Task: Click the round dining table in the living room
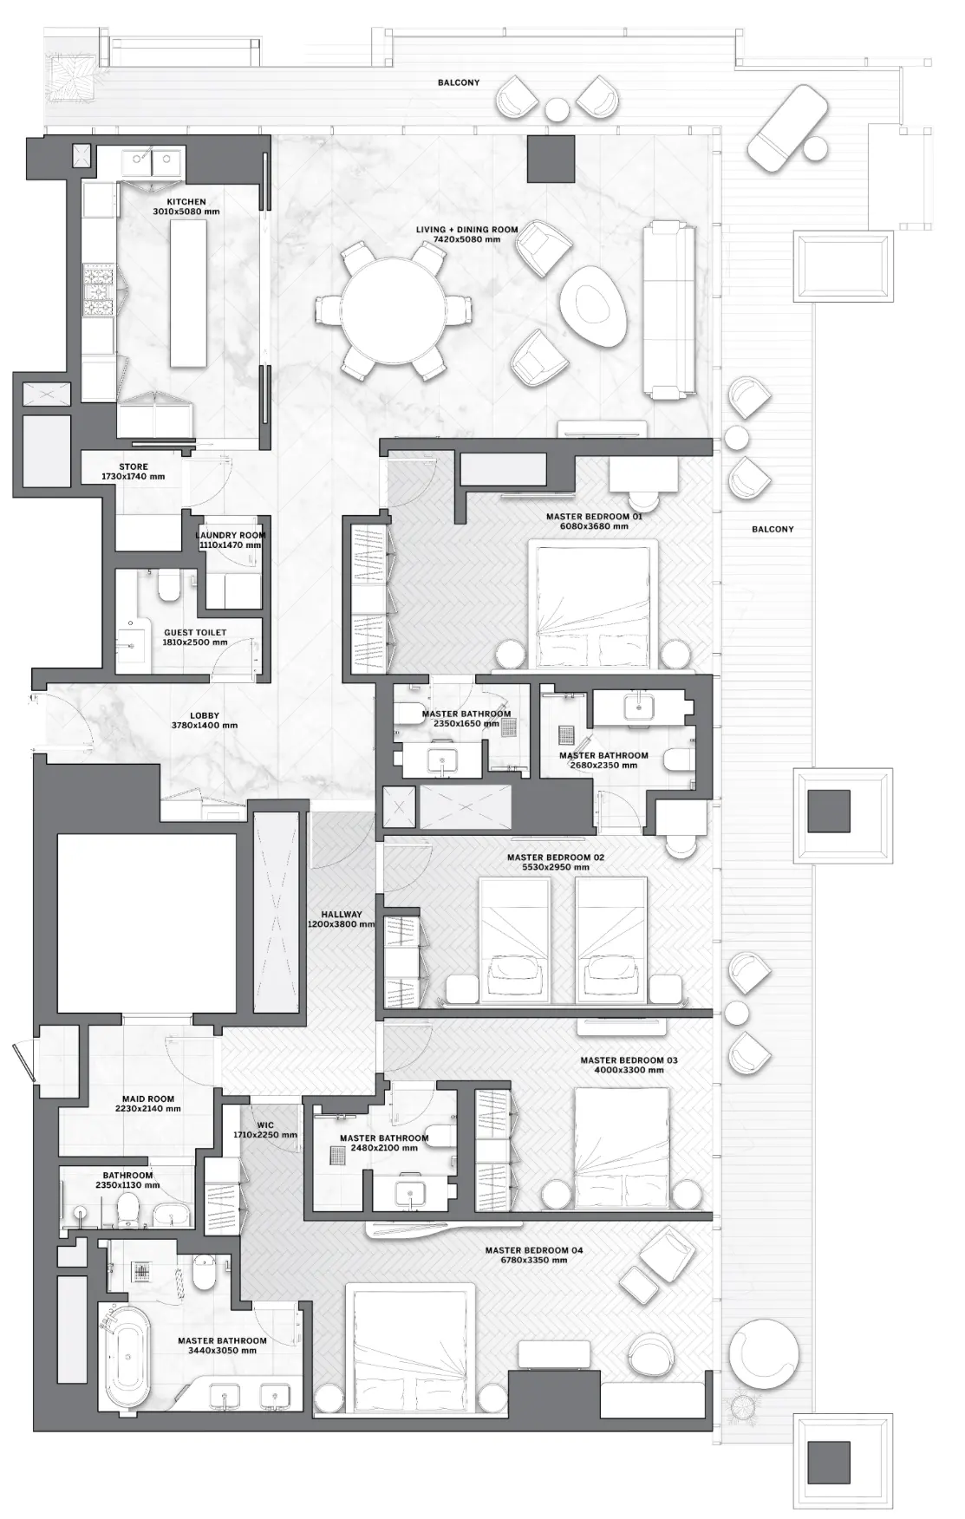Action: pyautogui.click(x=394, y=310)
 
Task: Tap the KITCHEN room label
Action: pyautogui.click(x=186, y=202)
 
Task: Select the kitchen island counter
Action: pyautogui.click(x=188, y=293)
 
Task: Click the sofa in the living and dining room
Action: pyautogui.click(x=668, y=309)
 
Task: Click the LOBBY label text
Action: pyautogui.click(x=205, y=716)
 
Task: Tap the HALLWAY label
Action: pyautogui.click(x=342, y=915)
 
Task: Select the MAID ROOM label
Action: pyautogui.click(x=148, y=1099)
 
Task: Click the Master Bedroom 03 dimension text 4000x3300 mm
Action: pyautogui.click(x=629, y=1070)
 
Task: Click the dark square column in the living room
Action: pyautogui.click(x=551, y=159)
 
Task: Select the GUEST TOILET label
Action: pyautogui.click(x=195, y=633)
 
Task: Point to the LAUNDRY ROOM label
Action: pyautogui.click(x=230, y=536)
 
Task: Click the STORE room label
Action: pyautogui.click(x=134, y=467)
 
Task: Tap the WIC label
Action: pyautogui.click(x=265, y=1125)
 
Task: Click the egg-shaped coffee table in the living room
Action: pyautogui.click(x=594, y=306)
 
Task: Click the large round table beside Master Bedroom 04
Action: pyautogui.click(x=763, y=1353)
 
